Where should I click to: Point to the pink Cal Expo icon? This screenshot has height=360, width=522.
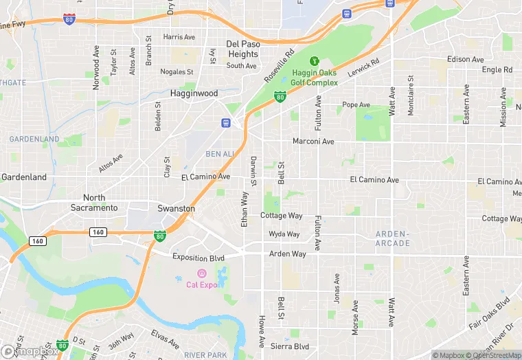(201, 273)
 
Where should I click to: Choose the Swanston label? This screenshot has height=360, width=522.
(176, 208)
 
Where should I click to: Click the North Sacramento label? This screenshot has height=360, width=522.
(94, 203)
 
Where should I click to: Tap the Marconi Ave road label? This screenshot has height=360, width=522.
(313, 142)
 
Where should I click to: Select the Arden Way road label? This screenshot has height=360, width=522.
(287, 254)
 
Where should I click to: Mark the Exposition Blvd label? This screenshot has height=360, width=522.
(198, 258)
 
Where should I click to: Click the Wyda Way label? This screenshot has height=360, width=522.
(284, 234)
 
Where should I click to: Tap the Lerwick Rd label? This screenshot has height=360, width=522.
(363, 69)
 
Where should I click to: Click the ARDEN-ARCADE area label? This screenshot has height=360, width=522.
(393, 238)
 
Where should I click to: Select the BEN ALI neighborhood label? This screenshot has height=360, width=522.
(220, 153)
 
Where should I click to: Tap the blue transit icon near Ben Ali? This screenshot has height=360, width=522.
(225, 122)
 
